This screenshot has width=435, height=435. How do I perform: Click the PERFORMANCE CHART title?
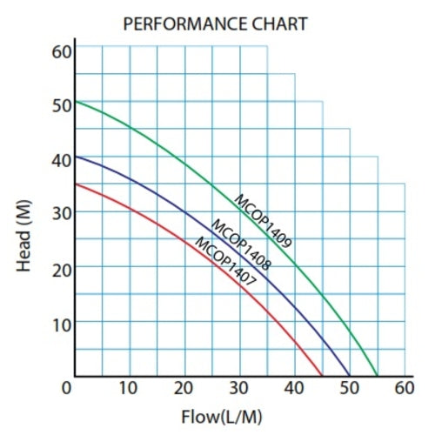tap(215, 23)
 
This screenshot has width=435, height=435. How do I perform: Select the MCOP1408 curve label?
tap(240, 243)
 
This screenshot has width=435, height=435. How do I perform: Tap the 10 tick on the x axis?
tap(129, 388)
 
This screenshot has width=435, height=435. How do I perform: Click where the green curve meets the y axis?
tap(75, 102)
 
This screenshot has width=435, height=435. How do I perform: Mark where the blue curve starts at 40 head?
tap(75, 157)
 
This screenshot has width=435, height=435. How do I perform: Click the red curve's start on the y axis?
tap(75, 184)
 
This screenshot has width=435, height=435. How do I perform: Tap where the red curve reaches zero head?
tap(322, 376)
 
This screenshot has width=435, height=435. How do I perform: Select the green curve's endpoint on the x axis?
tap(378, 376)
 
